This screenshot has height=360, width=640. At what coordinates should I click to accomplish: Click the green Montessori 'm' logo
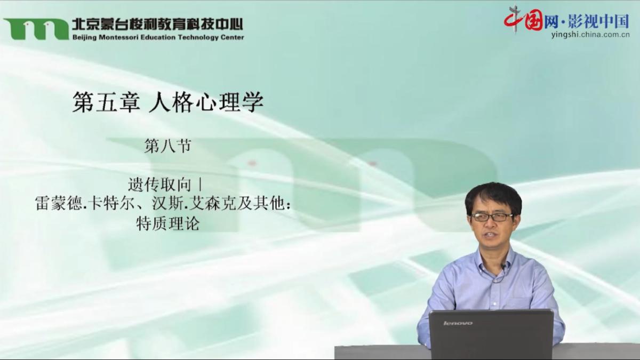pos(36,29)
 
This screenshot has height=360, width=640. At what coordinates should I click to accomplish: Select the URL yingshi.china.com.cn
pos(590,35)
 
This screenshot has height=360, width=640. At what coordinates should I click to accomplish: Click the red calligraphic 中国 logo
pos(523,21)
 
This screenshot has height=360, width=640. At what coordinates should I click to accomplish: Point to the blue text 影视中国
pos(598,21)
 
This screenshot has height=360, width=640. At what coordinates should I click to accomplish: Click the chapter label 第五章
pos(106,102)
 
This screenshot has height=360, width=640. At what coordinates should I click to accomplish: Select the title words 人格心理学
pos(206,102)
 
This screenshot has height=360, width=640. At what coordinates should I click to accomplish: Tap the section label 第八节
pos(167,146)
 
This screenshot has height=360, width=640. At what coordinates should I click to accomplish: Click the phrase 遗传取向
pos(159,185)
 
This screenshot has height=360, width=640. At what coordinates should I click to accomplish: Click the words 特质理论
pos(167,223)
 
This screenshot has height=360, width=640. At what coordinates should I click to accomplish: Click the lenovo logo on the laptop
pos(458,323)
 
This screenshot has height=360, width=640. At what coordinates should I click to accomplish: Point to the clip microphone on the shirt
pos(503,267)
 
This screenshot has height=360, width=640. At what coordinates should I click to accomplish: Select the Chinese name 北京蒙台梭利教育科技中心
pos(157,25)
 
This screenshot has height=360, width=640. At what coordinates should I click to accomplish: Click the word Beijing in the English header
pos(85,38)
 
